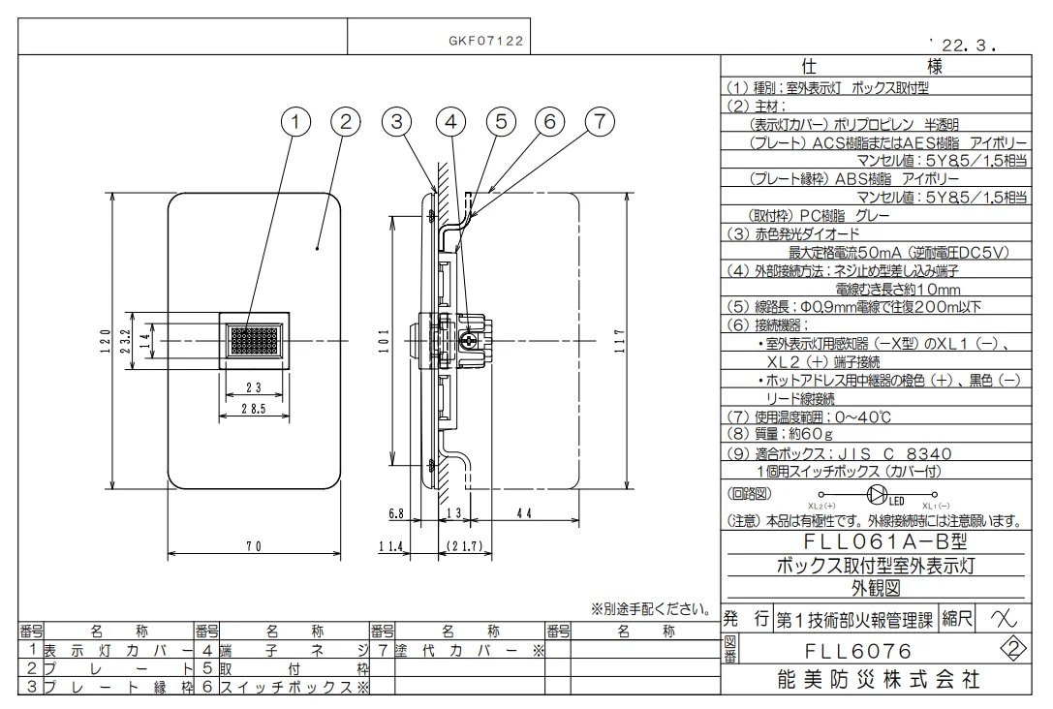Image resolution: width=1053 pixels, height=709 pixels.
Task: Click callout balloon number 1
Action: click(x=298, y=121)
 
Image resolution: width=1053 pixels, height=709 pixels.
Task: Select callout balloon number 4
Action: click(x=449, y=121)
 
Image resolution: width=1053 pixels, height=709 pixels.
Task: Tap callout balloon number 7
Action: click(x=600, y=121)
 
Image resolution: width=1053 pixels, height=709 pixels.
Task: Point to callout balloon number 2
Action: click(x=345, y=121)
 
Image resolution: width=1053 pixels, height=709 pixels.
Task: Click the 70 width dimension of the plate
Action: click(x=254, y=546)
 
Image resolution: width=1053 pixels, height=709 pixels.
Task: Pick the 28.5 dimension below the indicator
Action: click(x=254, y=410)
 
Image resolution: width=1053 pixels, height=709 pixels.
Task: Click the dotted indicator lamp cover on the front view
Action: click(x=254, y=342)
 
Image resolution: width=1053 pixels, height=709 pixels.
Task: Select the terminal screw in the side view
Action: click(x=468, y=342)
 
